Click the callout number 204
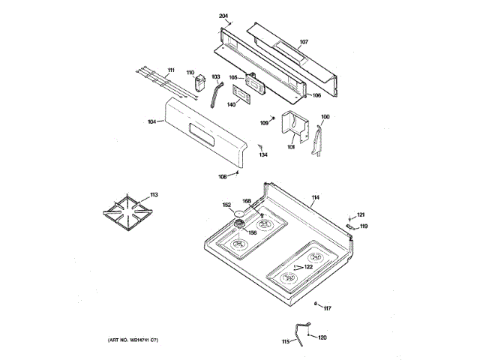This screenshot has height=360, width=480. (x=223, y=16)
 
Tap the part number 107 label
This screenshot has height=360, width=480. (x=304, y=41)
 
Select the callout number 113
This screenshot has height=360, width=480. (x=154, y=195)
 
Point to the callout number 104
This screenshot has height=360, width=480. (x=152, y=121)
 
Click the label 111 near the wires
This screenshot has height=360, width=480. (x=171, y=70)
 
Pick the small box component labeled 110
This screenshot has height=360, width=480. (x=200, y=83)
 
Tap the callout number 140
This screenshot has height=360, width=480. (x=231, y=104)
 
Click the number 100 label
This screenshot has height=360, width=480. (x=325, y=116)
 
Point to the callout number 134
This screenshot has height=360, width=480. (x=263, y=155)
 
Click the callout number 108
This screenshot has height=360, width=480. (x=222, y=177)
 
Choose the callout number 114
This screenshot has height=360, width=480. (x=315, y=197)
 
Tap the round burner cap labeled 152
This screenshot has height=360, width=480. (x=239, y=215)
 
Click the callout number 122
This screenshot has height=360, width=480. (x=308, y=267)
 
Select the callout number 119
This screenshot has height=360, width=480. (x=364, y=226)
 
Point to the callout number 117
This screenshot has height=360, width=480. (x=327, y=308)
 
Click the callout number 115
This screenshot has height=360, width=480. (x=285, y=342)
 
